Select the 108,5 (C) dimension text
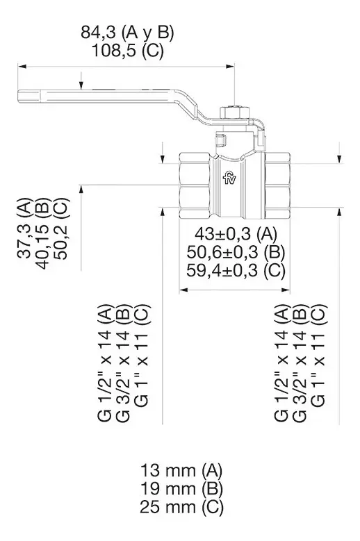click(x=127, y=51)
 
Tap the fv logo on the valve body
click(x=229, y=178)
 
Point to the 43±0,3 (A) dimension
click(x=236, y=234)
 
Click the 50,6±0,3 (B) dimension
click(x=236, y=252)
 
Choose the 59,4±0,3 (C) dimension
click(x=236, y=271)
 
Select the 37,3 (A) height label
click(x=24, y=228)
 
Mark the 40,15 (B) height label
click(x=44, y=233)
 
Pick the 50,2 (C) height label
click(x=62, y=228)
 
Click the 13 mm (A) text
click(x=181, y=470)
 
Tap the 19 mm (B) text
click(x=181, y=488)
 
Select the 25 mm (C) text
click(x=181, y=507)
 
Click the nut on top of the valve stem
click(x=234, y=113)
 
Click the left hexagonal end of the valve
click(x=195, y=186)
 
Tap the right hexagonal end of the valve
click(x=277, y=186)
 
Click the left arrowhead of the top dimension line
click(x=22, y=66)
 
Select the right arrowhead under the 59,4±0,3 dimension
click(x=286, y=290)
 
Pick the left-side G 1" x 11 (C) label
click(x=141, y=356)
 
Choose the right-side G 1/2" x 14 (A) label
click(x=281, y=363)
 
